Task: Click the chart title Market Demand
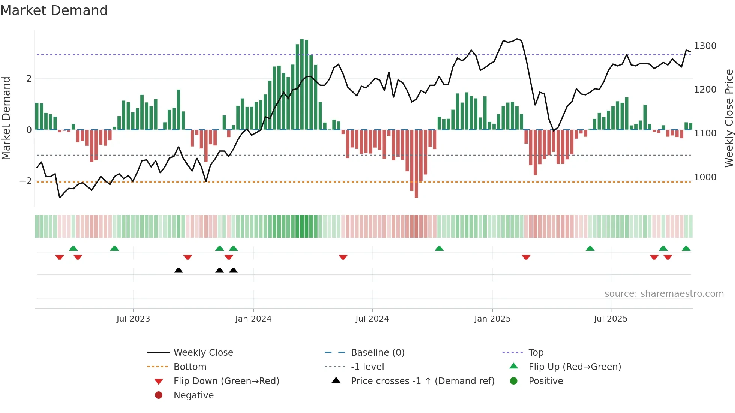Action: click(x=54, y=10)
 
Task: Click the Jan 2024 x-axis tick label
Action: click(x=253, y=319)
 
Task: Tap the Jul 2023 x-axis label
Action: click(x=133, y=319)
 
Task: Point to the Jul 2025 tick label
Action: click(x=610, y=319)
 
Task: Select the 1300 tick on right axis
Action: click(x=705, y=46)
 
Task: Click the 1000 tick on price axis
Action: click(x=705, y=177)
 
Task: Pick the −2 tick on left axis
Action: click(x=25, y=181)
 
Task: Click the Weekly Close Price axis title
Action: click(x=729, y=118)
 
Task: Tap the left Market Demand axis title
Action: click(x=6, y=118)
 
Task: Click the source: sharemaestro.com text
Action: click(x=664, y=294)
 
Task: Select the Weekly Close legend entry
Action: click(x=203, y=353)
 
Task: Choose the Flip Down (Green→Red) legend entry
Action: click(x=226, y=381)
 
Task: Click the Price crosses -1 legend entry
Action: click(x=423, y=381)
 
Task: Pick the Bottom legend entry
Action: click(x=190, y=367)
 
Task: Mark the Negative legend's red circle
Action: click(x=159, y=395)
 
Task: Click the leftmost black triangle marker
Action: click(x=178, y=270)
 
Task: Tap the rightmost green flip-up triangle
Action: click(x=686, y=248)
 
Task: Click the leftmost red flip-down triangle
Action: click(x=60, y=257)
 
